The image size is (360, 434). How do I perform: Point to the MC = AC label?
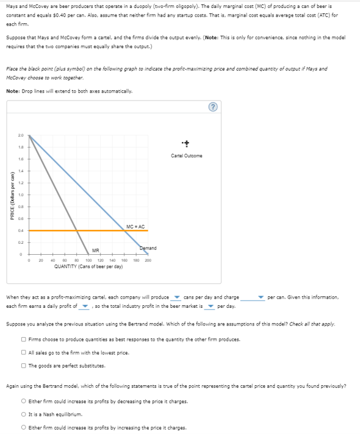(x=135, y=227)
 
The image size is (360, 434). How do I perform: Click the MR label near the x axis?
(x=95, y=250)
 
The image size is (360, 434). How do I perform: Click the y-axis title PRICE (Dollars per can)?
(x=9, y=194)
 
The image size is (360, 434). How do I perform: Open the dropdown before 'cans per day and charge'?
(x=175, y=297)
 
